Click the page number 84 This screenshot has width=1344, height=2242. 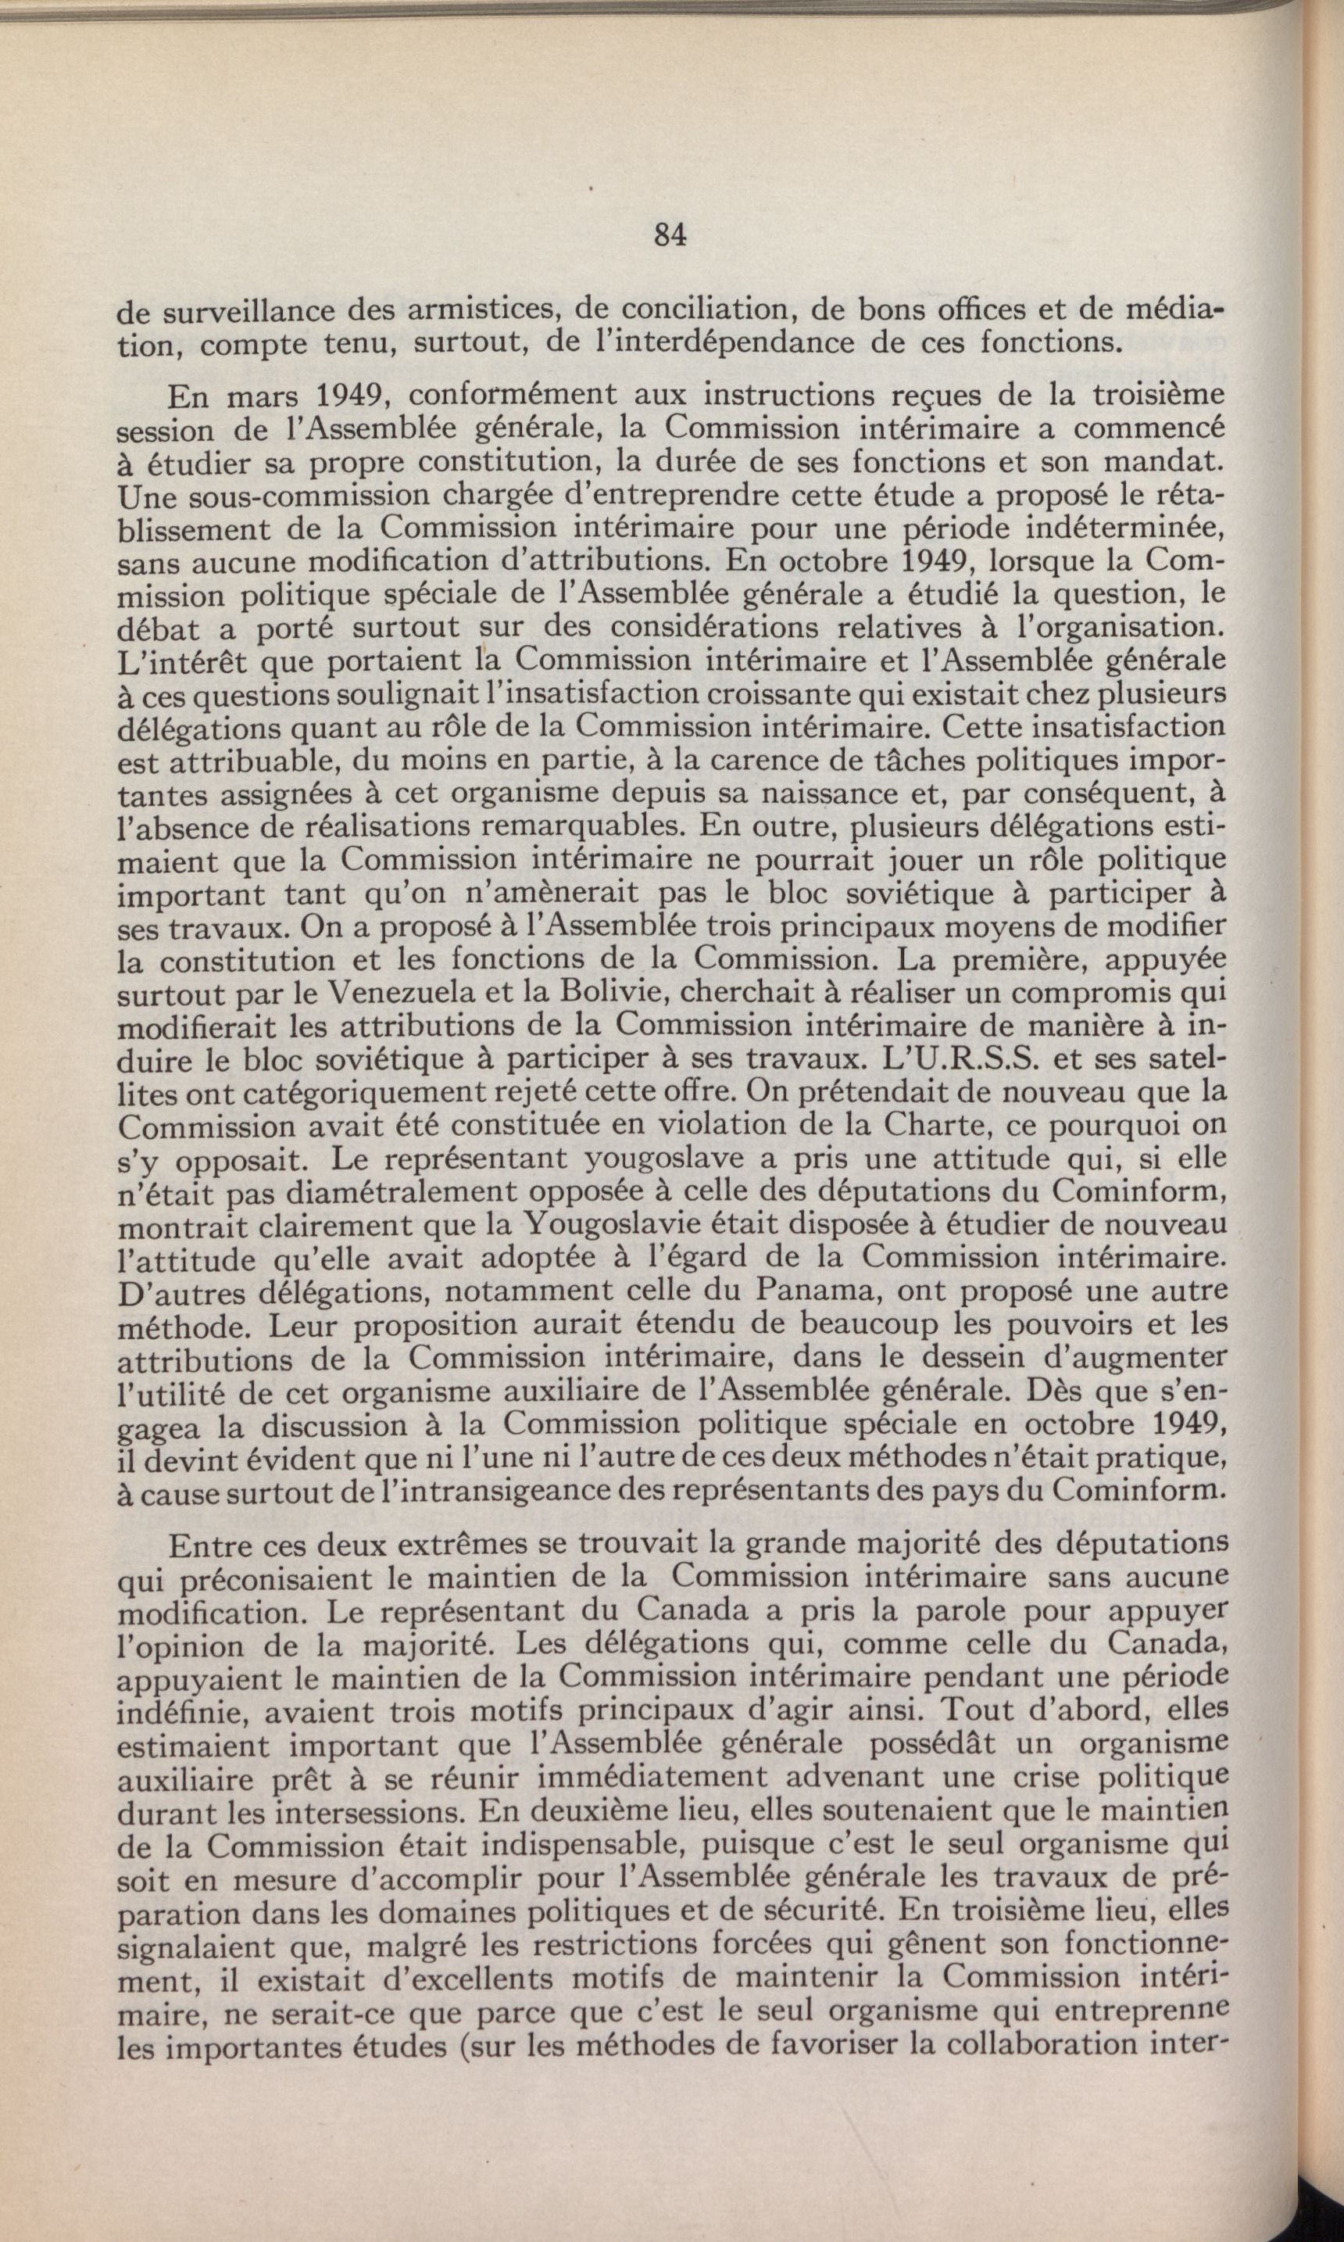(670, 235)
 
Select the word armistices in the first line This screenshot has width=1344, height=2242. (485, 313)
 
